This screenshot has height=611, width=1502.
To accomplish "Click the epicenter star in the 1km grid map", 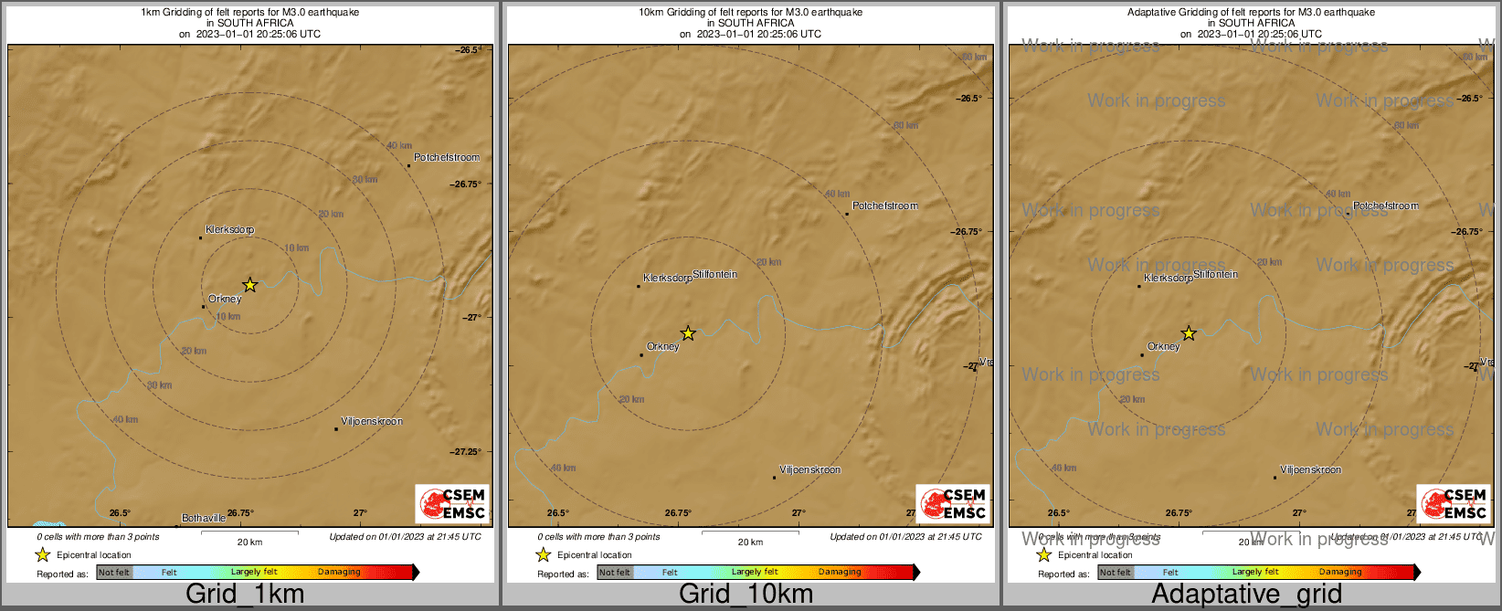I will click(x=249, y=285).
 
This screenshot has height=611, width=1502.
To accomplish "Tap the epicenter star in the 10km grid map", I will click(x=688, y=333).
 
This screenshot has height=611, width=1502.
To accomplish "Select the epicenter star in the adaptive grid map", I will click(x=1189, y=333).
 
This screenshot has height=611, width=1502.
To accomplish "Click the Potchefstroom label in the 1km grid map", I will click(x=446, y=157).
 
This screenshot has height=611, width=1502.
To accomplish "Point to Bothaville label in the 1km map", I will click(x=204, y=518).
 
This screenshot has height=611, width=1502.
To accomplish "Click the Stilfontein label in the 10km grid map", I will click(x=714, y=274).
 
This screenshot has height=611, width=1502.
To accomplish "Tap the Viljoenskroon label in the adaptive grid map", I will click(x=1310, y=469).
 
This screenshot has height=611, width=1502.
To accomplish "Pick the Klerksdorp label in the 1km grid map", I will click(x=229, y=229).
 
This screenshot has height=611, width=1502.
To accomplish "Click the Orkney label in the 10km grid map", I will click(x=662, y=346).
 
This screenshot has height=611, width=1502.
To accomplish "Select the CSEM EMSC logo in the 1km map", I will click(x=452, y=504).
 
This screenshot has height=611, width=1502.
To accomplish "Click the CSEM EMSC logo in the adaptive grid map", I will click(x=1454, y=504).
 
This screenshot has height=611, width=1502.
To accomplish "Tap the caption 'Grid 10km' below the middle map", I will click(x=746, y=594).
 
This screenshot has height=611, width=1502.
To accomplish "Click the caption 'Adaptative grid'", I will click(x=1246, y=594).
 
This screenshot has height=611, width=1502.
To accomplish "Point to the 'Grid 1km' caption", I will click(x=245, y=594).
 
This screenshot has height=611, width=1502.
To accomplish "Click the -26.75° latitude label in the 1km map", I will click(x=467, y=184).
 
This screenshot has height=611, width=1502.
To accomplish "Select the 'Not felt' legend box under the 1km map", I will click(x=114, y=573).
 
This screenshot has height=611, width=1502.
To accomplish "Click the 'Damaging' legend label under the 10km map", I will click(x=840, y=573).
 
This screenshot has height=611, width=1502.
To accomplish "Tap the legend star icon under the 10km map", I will click(x=543, y=554).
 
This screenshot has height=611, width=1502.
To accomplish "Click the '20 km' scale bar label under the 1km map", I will click(x=249, y=542).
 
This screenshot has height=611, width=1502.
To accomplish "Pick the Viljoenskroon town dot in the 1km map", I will click(x=336, y=429).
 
